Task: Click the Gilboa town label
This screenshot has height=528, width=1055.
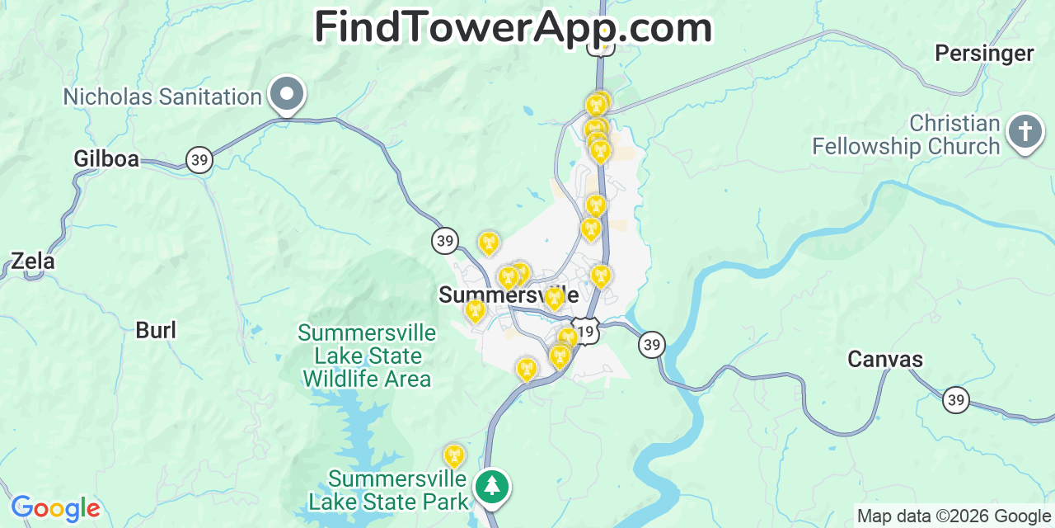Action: (106, 158)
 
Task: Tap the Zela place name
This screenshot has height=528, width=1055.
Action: (33, 262)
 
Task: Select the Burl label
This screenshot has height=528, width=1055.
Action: (156, 331)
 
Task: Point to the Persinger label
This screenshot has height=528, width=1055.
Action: (983, 54)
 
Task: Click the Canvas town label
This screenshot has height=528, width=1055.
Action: (885, 360)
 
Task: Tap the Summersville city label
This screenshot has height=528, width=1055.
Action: (508, 295)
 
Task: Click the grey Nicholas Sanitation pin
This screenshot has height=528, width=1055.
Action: (287, 94)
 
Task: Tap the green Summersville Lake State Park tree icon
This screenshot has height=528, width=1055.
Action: (492, 486)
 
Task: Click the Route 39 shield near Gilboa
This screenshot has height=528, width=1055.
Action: (199, 159)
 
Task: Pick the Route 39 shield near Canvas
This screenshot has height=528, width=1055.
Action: (956, 400)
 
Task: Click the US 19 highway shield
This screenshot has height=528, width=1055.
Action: (585, 332)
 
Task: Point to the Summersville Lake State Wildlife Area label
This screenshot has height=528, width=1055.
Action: (367, 356)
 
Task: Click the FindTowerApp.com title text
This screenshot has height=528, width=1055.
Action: (513, 27)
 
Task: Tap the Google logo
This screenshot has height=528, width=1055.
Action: (55, 508)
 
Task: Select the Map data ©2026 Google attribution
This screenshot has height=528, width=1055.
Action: (954, 516)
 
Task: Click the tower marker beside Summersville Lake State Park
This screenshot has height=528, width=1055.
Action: (453, 455)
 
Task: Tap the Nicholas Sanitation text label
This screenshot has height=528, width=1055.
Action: (162, 97)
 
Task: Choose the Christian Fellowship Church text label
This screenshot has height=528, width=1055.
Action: (906, 135)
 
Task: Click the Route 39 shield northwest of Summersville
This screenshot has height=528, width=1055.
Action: (445, 241)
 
